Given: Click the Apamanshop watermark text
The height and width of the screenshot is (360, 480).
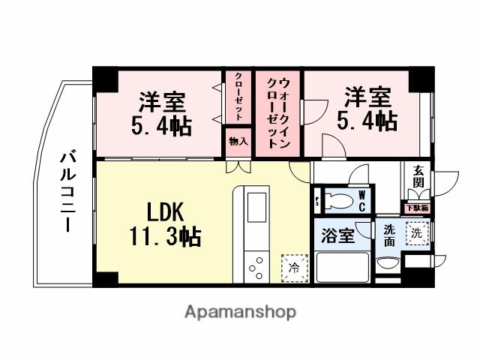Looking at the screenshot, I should click(x=240, y=310).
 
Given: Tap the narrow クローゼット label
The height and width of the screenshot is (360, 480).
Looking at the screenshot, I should click(x=238, y=96).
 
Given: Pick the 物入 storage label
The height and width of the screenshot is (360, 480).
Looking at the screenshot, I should click(x=238, y=141).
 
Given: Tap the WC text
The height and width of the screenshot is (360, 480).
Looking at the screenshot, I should click(x=361, y=199).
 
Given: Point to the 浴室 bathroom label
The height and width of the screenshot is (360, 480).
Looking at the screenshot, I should click(x=338, y=236).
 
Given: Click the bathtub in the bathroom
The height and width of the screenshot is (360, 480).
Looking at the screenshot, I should click(x=342, y=267).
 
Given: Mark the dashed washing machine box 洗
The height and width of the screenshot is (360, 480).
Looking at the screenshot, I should click(x=417, y=233).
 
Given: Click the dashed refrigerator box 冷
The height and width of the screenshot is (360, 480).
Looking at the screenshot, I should click(x=294, y=266).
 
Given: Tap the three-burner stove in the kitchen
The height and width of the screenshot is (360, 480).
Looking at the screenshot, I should click(x=256, y=266).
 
